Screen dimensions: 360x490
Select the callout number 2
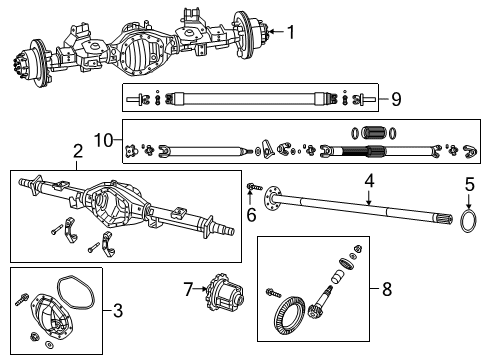tap(77, 151)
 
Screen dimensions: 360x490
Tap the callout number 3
tap(117, 311)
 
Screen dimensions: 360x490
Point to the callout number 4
tap(369, 181)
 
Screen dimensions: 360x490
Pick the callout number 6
tap(252, 213)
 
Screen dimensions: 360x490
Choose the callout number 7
tap(186, 289)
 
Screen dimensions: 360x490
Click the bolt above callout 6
tap(253, 188)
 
